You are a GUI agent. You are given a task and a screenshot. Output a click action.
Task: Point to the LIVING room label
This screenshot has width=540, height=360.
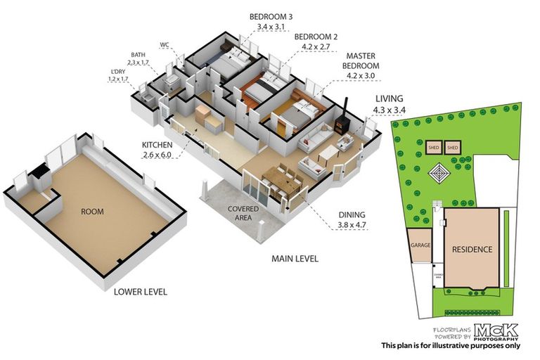pyautogui.click(x=388, y=100)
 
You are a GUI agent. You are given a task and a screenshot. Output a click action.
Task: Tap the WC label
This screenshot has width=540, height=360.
pyautogui.click(x=165, y=44)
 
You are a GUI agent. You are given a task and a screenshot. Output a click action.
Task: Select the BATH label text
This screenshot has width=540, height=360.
pyautogui.click(x=139, y=54)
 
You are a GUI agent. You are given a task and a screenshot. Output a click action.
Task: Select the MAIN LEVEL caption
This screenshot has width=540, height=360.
pyautogui.click(x=295, y=259)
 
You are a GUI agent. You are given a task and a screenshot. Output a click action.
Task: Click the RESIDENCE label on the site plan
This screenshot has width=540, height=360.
pyautogui.click(x=472, y=250)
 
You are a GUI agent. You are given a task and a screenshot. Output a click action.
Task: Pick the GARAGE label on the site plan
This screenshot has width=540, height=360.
pyautogui.click(x=419, y=246)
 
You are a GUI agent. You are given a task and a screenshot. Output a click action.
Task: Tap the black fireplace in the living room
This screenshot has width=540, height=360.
pyautogui.click(x=341, y=125)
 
